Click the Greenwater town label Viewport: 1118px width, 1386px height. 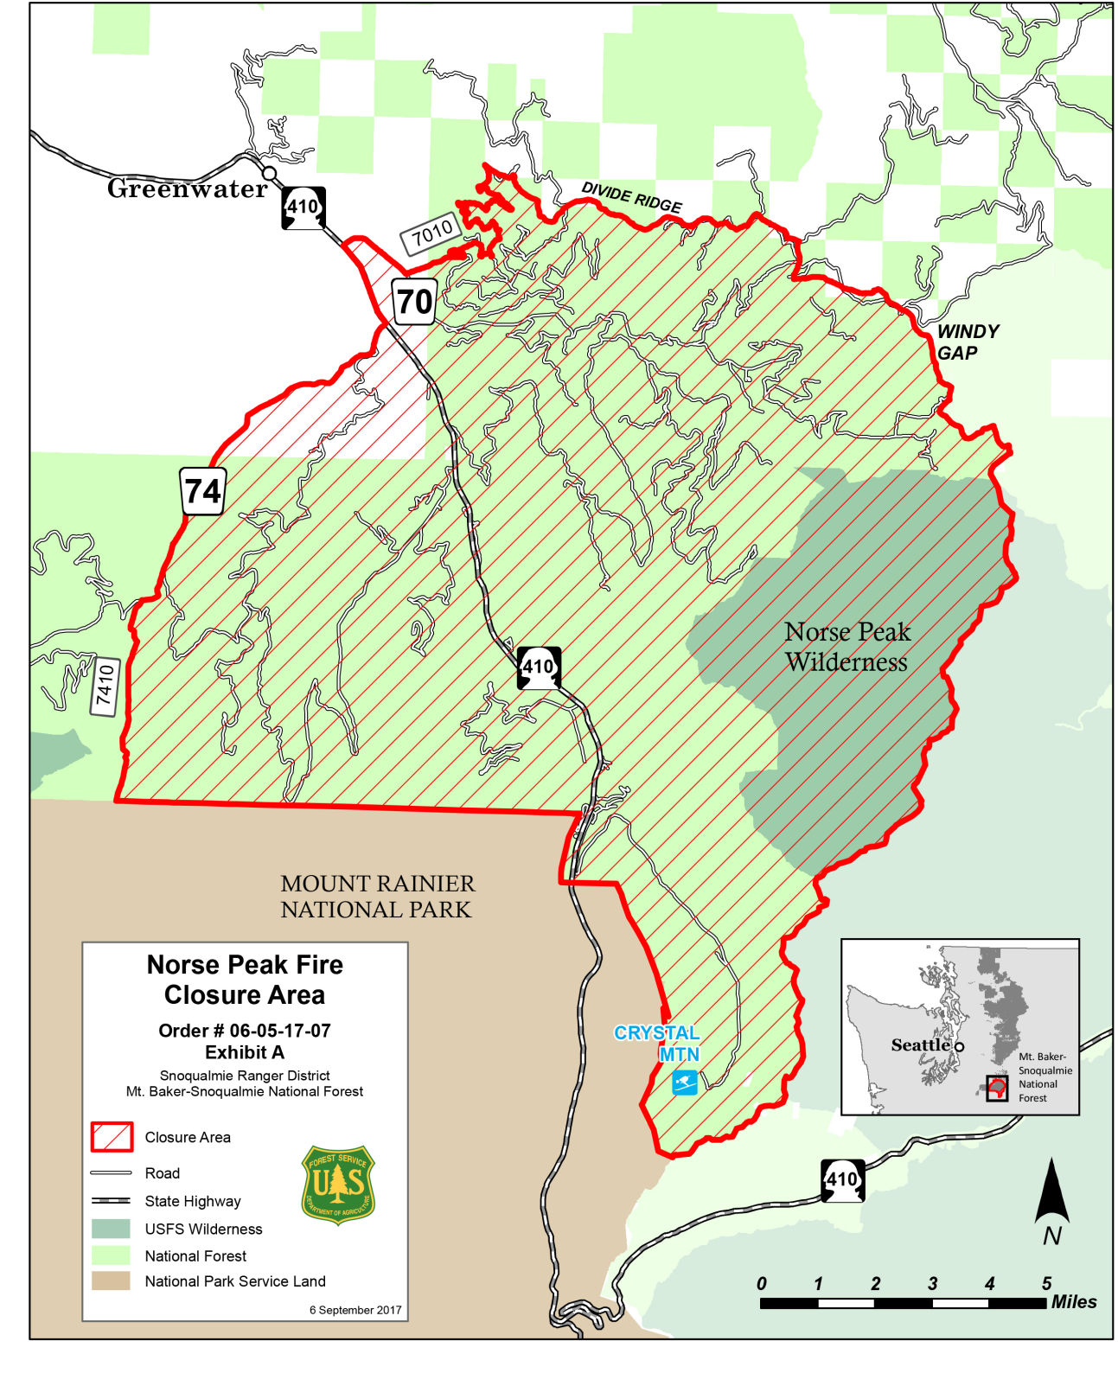point(188,188)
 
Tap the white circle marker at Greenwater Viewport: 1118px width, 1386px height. point(269,174)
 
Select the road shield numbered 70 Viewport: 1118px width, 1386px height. point(413,302)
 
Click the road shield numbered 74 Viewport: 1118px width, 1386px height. point(203,491)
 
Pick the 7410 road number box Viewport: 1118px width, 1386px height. point(105,687)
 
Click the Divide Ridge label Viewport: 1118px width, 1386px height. point(631,197)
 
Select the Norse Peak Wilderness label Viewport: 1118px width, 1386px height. point(846,647)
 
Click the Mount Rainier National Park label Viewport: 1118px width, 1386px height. point(377,897)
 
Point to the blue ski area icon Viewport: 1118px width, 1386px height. point(685,1082)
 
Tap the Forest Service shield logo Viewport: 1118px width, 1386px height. point(338,1185)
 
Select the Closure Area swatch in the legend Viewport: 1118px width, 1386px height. point(112,1137)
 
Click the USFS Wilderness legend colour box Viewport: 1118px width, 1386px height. point(112,1229)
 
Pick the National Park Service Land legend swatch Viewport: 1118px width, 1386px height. point(112,1281)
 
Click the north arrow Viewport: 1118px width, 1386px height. point(1051,1198)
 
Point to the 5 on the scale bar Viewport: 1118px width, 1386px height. point(1046,1283)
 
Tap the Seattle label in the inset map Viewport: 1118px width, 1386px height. point(920,1044)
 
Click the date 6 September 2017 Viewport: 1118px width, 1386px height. point(355,1310)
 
